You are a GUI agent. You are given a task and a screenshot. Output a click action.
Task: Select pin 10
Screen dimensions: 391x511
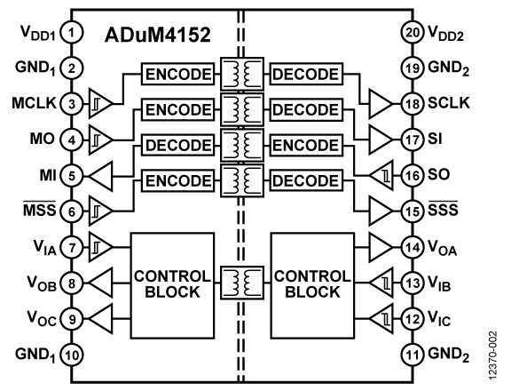72,356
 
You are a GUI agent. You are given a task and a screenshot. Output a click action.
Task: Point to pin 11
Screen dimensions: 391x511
412,356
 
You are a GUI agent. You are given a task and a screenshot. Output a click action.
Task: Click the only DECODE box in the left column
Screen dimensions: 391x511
177,146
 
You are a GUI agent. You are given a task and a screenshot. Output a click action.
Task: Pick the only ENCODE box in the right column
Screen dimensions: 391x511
306,146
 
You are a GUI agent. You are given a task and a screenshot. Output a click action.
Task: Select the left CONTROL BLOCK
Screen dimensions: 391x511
172,285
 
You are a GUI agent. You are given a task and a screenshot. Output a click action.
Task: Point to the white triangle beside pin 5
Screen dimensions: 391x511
102,177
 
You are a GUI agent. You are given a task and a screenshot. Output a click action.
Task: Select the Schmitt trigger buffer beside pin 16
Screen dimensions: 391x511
381,177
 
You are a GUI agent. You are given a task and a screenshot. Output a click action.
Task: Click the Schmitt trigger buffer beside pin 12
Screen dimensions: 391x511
381,317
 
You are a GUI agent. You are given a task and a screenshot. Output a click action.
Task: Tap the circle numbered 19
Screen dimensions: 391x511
412,68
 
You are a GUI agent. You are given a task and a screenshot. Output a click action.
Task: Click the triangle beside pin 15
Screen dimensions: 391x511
381,211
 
